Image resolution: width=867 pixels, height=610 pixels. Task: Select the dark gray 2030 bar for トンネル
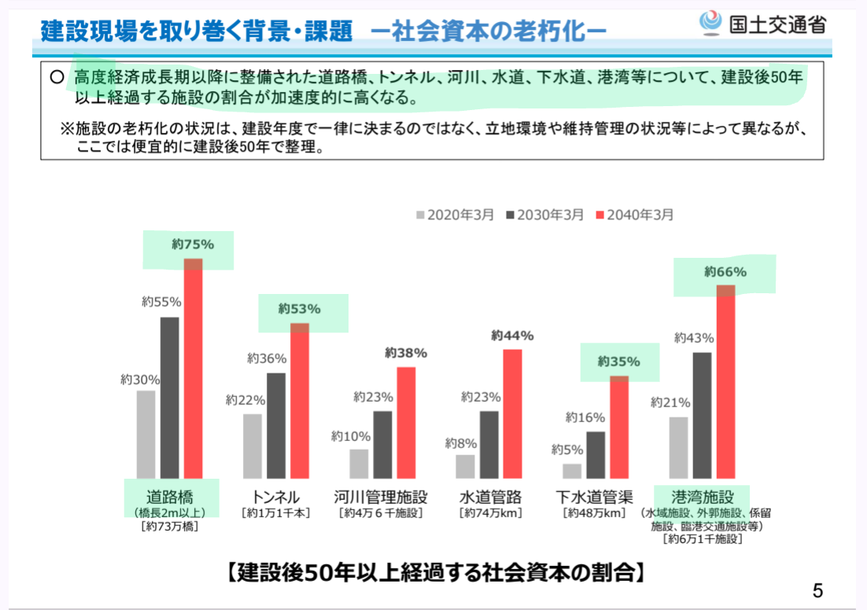[x=276, y=425]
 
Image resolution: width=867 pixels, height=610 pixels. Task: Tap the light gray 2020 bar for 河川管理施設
[x=359, y=463]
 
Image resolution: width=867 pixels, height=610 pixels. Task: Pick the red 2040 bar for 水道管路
[x=512, y=413]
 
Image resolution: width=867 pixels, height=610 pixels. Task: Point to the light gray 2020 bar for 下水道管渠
[x=572, y=470]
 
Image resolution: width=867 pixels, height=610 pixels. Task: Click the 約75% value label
[x=193, y=244]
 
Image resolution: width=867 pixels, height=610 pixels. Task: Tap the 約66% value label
[x=725, y=272]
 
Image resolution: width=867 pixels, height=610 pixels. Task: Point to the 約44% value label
[x=512, y=336]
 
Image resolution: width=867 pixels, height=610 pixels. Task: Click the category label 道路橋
[x=170, y=497]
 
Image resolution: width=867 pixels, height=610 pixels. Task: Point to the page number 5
[x=817, y=590]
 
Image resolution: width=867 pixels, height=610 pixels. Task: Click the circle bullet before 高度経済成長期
[x=56, y=78]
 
